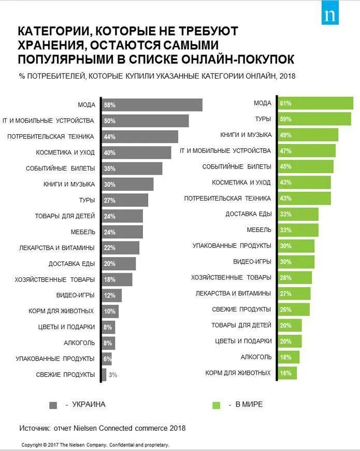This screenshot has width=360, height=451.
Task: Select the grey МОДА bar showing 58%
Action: pyautogui.click(x=152, y=105)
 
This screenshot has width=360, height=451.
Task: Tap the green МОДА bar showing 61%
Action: pyautogui.click(x=316, y=103)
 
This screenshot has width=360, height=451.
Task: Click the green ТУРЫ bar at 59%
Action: pyautogui.click(x=315, y=119)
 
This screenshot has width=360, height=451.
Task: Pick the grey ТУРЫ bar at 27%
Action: pyautogui.click(x=125, y=200)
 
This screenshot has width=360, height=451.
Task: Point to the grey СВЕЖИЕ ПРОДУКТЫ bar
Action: pyautogui.click(x=104, y=375)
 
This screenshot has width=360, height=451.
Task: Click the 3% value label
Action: pyautogui.click(x=113, y=375)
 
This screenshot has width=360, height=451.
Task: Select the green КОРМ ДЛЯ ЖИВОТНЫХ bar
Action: pyautogui.click(x=287, y=373)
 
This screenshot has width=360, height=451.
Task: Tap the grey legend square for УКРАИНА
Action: pyautogui.click(x=53, y=405)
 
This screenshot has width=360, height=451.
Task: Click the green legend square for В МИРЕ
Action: pyautogui.click(x=217, y=405)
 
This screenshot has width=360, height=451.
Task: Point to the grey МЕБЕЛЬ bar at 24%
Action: pyautogui.click(x=122, y=232)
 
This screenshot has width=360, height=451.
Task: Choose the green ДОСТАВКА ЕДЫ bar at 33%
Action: pyautogui.click(x=298, y=214)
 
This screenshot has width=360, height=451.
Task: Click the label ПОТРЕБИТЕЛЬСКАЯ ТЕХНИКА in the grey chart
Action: pyautogui.click(x=51, y=136)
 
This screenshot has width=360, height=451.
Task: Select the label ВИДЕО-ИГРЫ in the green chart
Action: pyautogui.click(x=252, y=262)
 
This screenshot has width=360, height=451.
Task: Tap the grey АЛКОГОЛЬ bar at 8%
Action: pyautogui.click(x=108, y=343)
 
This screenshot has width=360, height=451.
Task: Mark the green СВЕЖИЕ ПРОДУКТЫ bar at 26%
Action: pyautogui.click(x=294, y=309)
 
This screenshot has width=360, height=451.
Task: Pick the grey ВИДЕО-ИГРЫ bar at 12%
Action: pyautogui.click(x=112, y=295)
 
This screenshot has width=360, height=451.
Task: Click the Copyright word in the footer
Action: pyautogui.click(x=32, y=445)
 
